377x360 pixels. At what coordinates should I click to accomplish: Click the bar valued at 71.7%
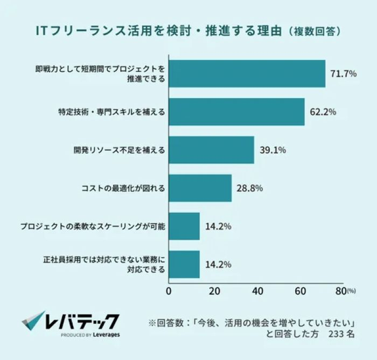click(248, 74)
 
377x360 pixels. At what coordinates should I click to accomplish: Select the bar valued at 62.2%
click(237, 112)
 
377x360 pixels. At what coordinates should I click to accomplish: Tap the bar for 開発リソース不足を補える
click(212, 150)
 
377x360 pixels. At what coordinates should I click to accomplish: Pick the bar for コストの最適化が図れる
click(200, 188)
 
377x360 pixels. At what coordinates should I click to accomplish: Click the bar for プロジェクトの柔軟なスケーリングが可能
click(184, 226)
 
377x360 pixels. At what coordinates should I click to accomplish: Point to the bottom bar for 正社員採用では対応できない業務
click(184, 264)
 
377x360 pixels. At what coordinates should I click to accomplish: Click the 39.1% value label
click(273, 150)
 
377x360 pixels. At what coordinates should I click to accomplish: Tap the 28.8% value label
click(250, 188)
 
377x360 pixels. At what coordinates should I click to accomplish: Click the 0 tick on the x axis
click(170, 292)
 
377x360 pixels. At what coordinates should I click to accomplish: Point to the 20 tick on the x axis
click(214, 292)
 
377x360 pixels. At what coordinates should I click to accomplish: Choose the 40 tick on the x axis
click(257, 292)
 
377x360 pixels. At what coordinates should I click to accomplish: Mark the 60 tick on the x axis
click(301, 292)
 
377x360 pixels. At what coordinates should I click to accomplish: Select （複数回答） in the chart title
click(313, 31)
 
